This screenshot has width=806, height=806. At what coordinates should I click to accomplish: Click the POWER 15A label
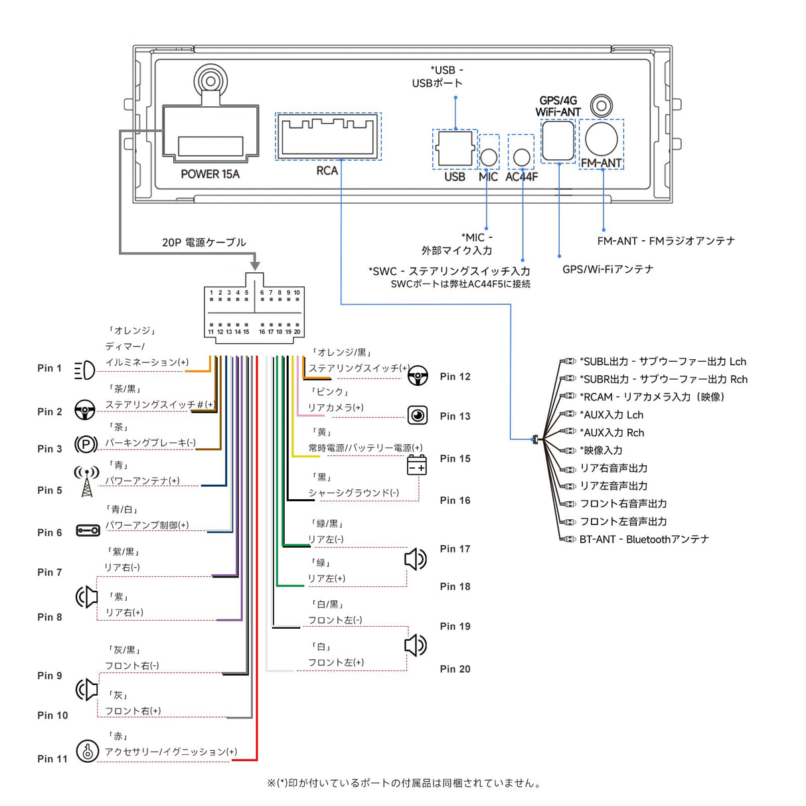click(210, 174)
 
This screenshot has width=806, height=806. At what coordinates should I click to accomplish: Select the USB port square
click(455, 149)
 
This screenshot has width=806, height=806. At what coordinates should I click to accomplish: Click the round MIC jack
click(489, 157)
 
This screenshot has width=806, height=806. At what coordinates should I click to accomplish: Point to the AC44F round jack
click(522, 157)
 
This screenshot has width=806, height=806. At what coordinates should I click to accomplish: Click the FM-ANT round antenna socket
click(602, 139)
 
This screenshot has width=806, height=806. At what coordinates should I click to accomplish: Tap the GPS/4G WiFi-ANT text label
click(558, 106)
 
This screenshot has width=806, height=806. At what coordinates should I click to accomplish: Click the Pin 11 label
click(52, 759)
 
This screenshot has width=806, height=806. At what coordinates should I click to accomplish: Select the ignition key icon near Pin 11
click(88, 751)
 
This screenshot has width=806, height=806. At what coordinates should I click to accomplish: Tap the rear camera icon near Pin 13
click(418, 416)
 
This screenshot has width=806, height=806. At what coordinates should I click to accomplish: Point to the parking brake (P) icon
click(86, 444)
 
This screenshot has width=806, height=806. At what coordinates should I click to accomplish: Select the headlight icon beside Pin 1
click(84, 370)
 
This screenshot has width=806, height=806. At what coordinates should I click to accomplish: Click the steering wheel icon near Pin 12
click(418, 376)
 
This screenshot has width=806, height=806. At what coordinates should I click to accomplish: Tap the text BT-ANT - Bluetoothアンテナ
click(644, 539)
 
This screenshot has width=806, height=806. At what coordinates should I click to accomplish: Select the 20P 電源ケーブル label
click(204, 242)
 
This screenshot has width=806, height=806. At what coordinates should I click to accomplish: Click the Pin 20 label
click(455, 669)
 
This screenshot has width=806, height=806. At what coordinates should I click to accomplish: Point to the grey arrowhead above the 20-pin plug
click(255, 266)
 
